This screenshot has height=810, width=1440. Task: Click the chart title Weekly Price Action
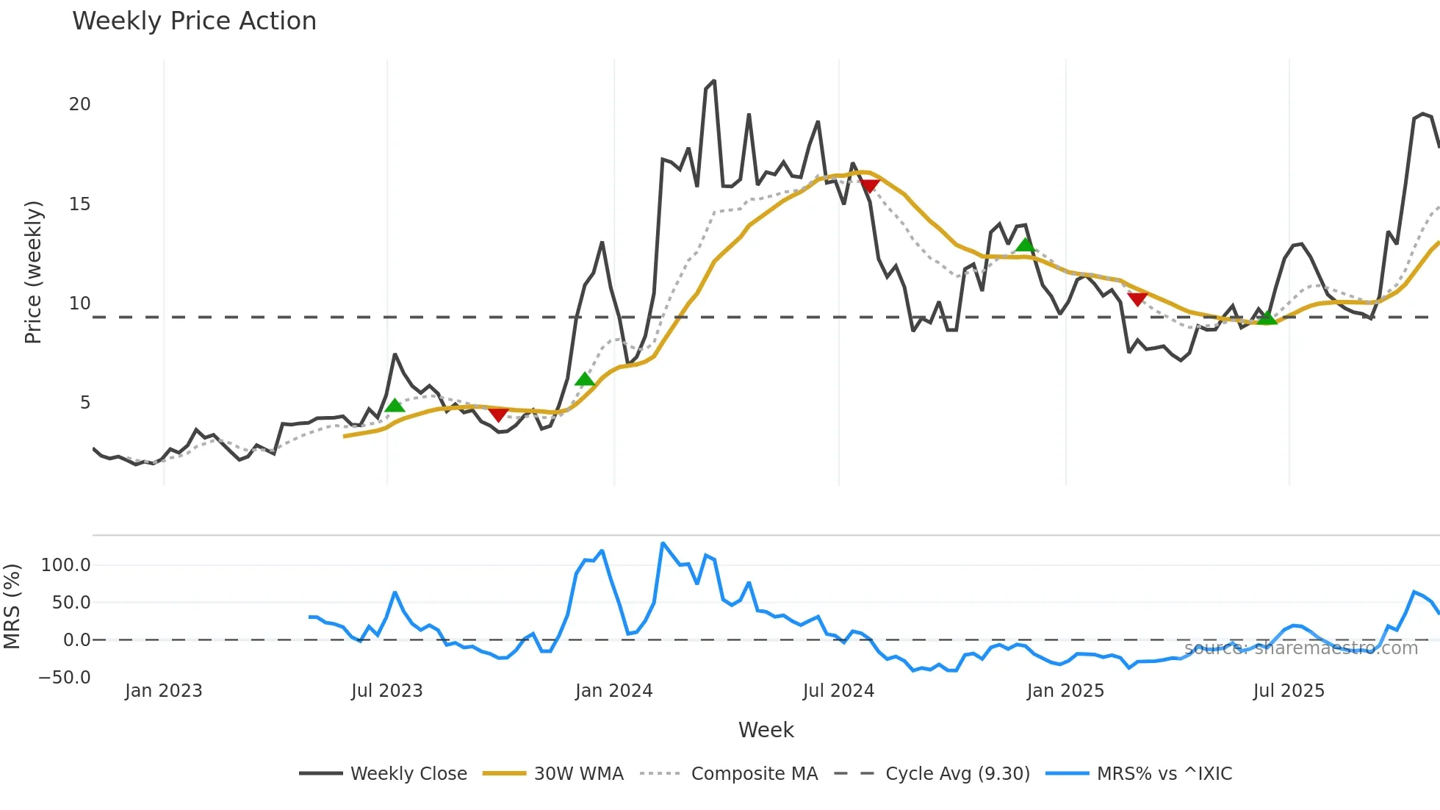click(x=194, y=21)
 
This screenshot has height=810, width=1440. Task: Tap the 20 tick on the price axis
click(x=80, y=104)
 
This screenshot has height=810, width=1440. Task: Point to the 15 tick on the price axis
click(x=80, y=204)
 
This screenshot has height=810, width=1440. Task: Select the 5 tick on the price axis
click(x=85, y=403)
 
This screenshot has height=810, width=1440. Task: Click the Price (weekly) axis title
click(x=33, y=272)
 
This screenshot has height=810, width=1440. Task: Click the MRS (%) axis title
click(x=12, y=606)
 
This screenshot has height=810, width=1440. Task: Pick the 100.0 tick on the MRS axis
click(x=66, y=565)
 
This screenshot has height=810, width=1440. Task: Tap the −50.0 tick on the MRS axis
click(x=65, y=677)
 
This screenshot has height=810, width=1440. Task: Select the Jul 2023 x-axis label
click(x=386, y=691)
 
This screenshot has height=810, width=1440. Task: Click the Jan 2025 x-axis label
click(x=1065, y=691)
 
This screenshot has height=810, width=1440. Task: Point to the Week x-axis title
click(x=766, y=730)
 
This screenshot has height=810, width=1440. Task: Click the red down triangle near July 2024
click(x=870, y=186)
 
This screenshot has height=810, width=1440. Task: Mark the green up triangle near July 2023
click(x=395, y=406)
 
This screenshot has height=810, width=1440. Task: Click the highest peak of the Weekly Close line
click(x=713, y=82)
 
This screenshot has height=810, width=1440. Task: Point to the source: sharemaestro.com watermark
click(x=1300, y=648)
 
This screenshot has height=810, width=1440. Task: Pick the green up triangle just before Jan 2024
click(x=584, y=379)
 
